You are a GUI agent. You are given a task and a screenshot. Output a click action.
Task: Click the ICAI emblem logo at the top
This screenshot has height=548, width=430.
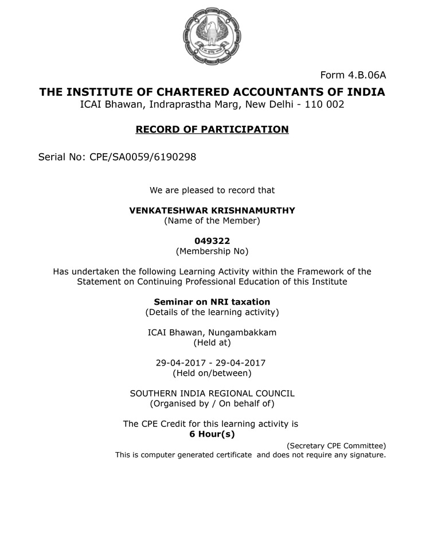[x=212, y=33]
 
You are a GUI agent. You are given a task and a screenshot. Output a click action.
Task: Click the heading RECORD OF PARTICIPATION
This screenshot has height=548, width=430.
[x=212, y=130]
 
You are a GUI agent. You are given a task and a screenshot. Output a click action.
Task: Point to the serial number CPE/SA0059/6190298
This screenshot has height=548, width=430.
[x=143, y=157]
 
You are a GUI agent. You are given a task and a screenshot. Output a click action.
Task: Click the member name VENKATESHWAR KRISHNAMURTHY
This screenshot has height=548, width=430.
[x=212, y=211]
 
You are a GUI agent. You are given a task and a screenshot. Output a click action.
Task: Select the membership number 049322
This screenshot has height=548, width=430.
[x=212, y=241]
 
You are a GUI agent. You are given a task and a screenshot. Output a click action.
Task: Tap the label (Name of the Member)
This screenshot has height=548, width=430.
[x=212, y=220]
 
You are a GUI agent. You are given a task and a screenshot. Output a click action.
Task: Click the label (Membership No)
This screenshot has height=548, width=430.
[x=212, y=251]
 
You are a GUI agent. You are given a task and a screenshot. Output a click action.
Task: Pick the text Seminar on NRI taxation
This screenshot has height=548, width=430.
[x=212, y=302]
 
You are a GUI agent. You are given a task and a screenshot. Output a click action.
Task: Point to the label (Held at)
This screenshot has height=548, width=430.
[x=212, y=343]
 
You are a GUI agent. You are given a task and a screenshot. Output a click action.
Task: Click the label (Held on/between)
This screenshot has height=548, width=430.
[x=212, y=373]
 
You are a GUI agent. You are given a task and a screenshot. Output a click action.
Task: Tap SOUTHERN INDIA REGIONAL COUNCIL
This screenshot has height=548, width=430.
[x=212, y=394]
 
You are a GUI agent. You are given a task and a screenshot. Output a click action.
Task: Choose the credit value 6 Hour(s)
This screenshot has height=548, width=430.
[x=212, y=434]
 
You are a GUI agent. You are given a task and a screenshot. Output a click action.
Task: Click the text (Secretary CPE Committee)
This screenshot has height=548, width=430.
[x=336, y=446]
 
